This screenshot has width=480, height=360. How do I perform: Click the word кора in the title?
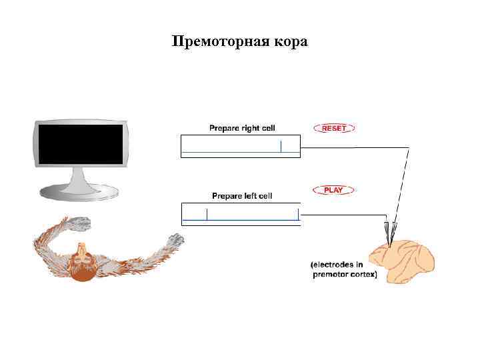[x=289, y=42]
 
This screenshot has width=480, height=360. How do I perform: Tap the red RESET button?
[x=333, y=127]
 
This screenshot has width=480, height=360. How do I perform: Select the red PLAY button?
[x=333, y=190]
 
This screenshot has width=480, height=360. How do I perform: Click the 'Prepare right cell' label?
[x=242, y=127]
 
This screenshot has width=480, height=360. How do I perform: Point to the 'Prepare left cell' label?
[x=242, y=196]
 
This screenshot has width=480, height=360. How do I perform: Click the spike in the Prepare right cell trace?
[x=281, y=146]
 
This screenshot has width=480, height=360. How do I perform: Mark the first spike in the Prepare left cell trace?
[x=207, y=214]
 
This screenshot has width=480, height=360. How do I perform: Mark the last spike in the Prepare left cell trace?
[x=298, y=214]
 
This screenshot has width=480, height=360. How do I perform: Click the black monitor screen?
[x=81, y=144]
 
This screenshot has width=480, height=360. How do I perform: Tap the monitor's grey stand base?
[x=79, y=193]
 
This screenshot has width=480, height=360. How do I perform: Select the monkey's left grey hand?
[x=79, y=223]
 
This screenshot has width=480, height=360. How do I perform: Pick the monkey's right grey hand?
[x=176, y=239]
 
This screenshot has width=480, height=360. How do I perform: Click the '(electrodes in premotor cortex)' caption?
[x=345, y=269]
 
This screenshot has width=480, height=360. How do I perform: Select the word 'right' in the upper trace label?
[x=249, y=127]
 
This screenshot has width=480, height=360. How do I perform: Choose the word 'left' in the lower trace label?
[x=251, y=196]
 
